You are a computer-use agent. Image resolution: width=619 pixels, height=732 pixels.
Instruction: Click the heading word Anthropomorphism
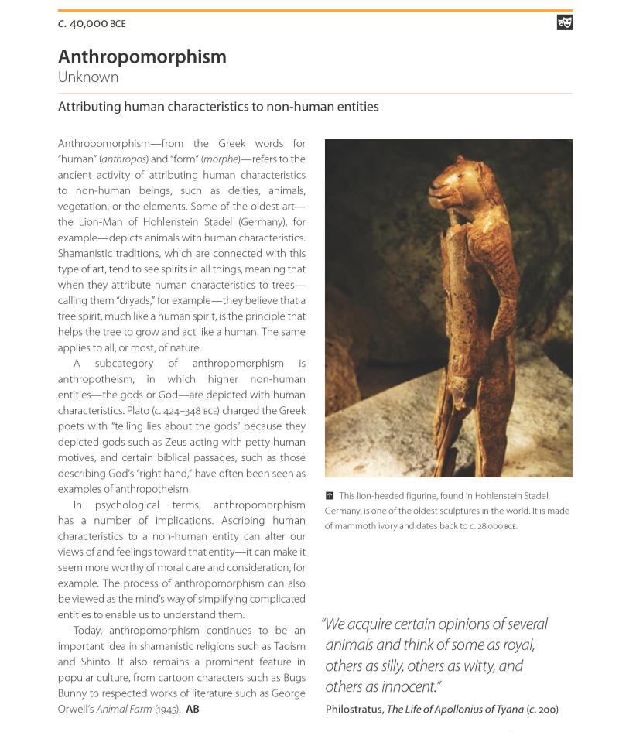pos(142,56)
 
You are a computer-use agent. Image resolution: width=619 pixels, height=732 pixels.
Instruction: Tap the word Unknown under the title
pos(88,77)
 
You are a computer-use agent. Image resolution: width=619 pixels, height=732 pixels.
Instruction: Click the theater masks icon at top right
pos(565,22)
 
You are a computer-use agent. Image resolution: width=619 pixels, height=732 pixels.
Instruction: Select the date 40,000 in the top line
pos(88,24)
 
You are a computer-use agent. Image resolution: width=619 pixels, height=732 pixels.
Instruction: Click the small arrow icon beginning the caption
pos(330,495)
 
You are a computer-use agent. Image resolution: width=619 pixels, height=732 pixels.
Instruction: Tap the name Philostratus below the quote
pos(354,709)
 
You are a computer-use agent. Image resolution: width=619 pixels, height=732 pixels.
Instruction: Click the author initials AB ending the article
pos(193,709)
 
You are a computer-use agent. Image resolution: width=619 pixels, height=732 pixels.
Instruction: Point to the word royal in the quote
pos(516,645)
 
